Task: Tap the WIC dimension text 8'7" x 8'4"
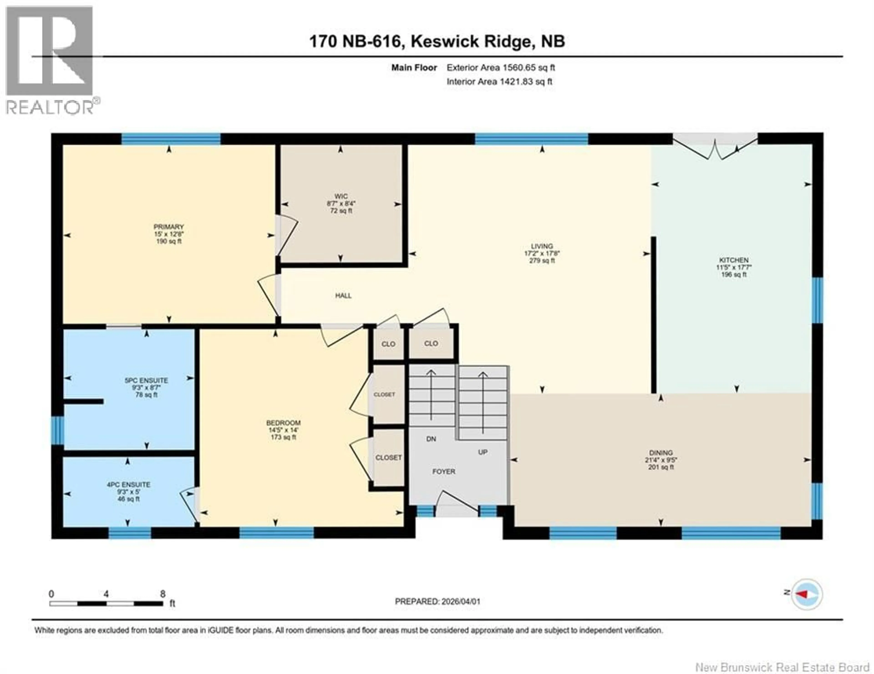[341, 204]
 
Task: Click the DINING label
[661, 453]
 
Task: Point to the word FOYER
[443, 472]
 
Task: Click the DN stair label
[431, 439]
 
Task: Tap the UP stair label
[483, 452]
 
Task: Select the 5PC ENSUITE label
[146, 380]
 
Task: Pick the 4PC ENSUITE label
[128, 485]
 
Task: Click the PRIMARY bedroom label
[168, 227]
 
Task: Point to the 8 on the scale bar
[163, 594]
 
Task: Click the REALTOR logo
[50, 60]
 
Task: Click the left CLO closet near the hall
[388, 344]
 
